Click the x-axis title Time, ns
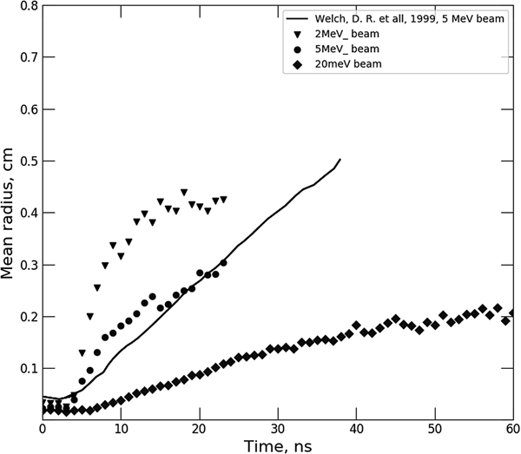(278, 444)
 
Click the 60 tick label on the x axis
(511, 428)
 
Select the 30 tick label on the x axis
(278, 428)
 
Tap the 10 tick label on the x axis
(122, 428)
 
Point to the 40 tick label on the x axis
(356, 428)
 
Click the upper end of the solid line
(340, 160)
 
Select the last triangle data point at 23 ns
(223, 199)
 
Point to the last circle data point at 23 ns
(223, 262)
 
